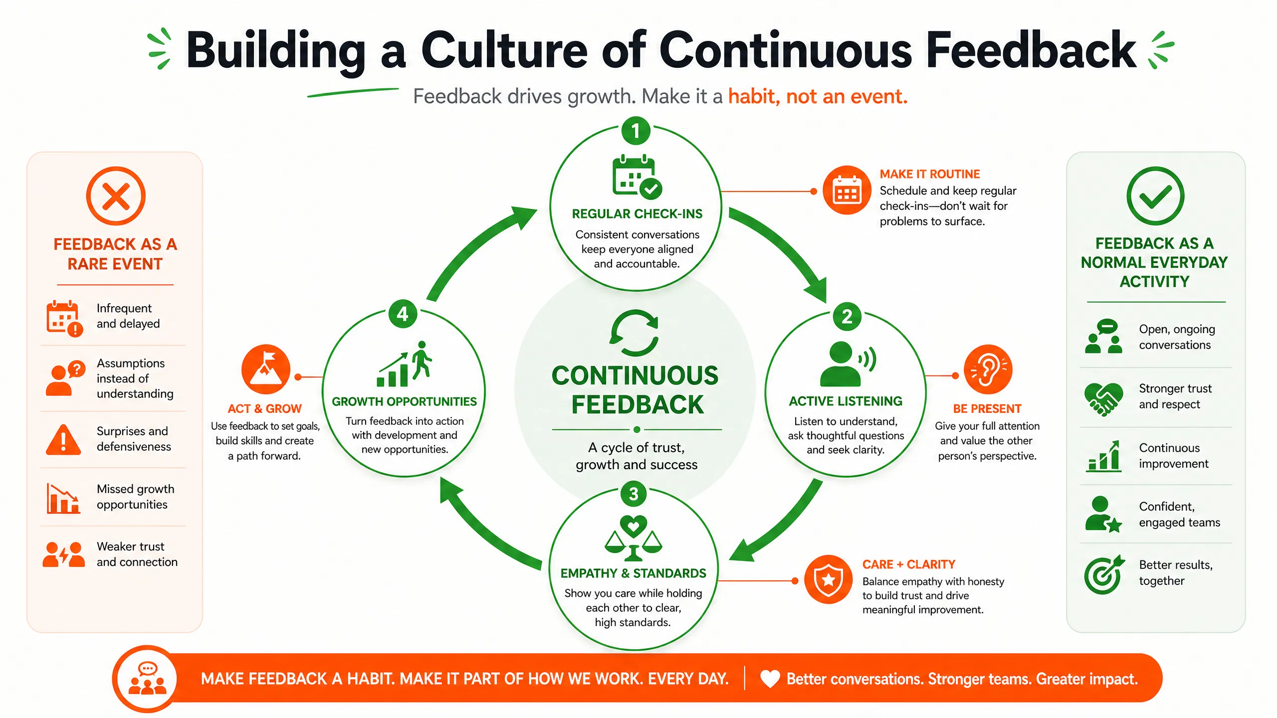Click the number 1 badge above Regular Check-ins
click(636, 131)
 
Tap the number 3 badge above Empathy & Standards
click(634, 494)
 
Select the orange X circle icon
click(116, 196)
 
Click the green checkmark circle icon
click(1155, 196)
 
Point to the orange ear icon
click(988, 369)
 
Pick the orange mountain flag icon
click(266, 369)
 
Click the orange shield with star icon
click(829, 579)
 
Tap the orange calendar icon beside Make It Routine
click(847, 190)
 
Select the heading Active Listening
click(846, 401)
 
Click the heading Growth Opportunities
click(405, 401)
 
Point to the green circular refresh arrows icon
click(635, 333)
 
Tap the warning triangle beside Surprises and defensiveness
click(63, 440)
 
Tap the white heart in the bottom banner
click(770, 679)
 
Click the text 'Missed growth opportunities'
click(136, 497)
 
